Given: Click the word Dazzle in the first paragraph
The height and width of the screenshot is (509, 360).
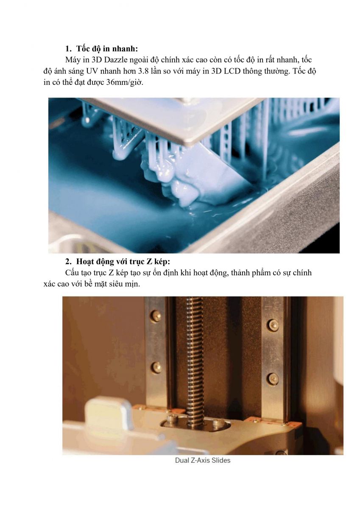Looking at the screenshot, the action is [x=116, y=60].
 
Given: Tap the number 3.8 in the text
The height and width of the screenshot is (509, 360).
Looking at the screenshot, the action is [x=144, y=71].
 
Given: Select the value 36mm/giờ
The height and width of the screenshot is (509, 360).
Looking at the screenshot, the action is [x=125, y=82].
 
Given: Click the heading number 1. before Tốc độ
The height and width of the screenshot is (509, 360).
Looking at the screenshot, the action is [x=68, y=49].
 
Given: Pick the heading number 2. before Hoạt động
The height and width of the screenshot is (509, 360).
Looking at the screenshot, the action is [x=68, y=262].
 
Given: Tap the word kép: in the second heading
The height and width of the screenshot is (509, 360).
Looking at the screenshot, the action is [x=162, y=262].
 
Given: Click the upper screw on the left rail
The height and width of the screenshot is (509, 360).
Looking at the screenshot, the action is [x=156, y=316].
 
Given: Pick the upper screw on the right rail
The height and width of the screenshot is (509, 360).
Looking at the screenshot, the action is [x=272, y=323].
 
